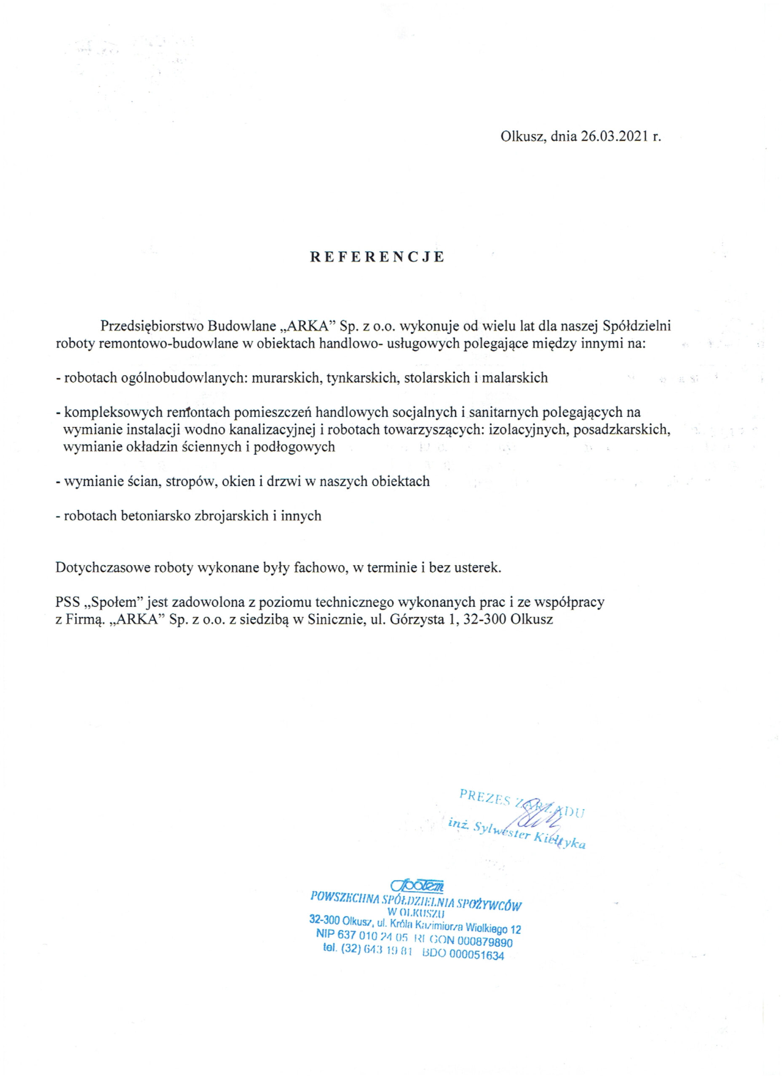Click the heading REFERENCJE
[377, 257]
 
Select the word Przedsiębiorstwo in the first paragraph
[149, 326]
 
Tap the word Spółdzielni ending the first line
[637, 326]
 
